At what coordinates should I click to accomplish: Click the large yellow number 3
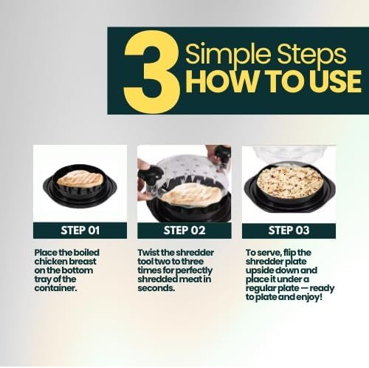coord(152,72)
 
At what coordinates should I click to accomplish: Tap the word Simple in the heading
coord(229,55)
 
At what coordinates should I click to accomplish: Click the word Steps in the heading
coord(312,55)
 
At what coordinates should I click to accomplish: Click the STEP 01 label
coord(80,231)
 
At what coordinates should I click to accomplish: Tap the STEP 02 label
coord(184,231)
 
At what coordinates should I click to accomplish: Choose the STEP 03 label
coord(289,231)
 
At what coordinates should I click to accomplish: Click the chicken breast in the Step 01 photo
coord(80,179)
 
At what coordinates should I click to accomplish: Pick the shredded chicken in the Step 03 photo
coord(290,182)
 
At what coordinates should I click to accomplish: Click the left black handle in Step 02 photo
coord(150,174)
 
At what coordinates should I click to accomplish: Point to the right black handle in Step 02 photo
coord(223,153)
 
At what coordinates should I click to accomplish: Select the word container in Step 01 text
coord(56,288)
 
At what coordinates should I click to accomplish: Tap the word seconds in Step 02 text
coord(156,288)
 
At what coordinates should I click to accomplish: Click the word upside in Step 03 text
coord(259,270)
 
